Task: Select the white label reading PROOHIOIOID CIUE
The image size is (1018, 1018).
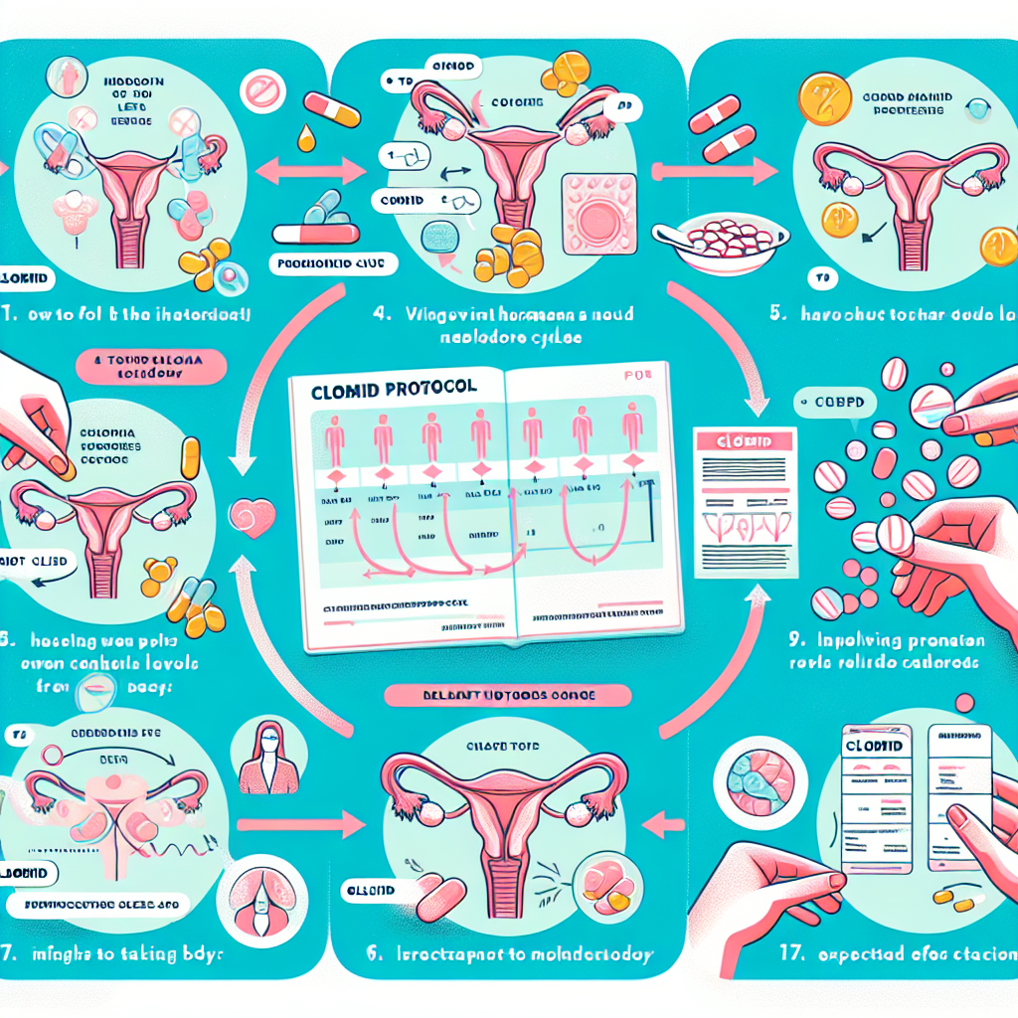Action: (x=334, y=264)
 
